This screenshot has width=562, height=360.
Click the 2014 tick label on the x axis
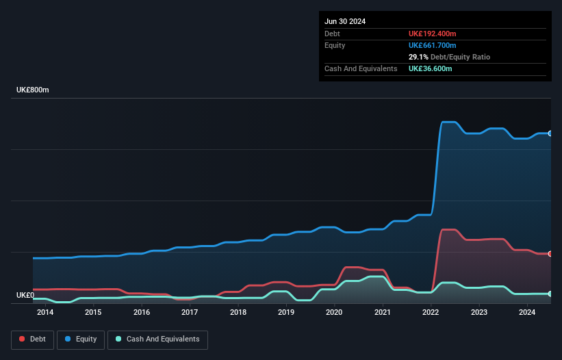click(x=45, y=313)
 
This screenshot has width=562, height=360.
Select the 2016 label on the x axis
click(x=142, y=313)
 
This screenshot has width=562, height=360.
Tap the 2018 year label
click(x=238, y=313)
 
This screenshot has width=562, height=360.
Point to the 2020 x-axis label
click(x=334, y=313)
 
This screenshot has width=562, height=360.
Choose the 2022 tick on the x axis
click(x=431, y=313)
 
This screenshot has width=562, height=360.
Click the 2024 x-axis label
click(x=527, y=313)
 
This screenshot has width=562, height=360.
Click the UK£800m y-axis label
click(x=33, y=90)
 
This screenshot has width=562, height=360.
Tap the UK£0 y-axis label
click(x=25, y=296)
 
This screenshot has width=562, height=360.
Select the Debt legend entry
click(x=31, y=339)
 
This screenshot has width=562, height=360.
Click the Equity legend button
click(x=81, y=339)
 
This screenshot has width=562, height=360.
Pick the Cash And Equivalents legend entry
click(x=157, y=339)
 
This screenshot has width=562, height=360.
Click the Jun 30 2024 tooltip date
click(x=345, y=21)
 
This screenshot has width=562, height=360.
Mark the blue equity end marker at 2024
click(x=550, y=133)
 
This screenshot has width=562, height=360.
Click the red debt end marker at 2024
click(x=550, y=254)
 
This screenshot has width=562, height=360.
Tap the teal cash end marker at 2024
click(x=550, y=294)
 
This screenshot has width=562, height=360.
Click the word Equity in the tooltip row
click(x=335, y=45)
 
